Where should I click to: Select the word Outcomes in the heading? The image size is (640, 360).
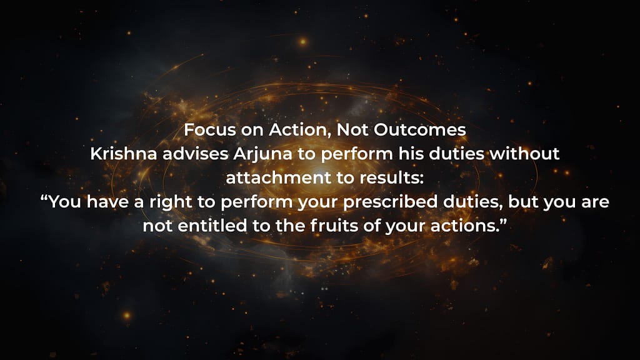tap(419, 130)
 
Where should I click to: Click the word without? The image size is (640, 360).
tap(524, 154)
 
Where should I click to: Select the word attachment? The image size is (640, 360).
tap(279, 178)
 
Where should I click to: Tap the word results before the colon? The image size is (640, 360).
tap(391, 178)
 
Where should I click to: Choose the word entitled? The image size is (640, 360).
tap(212, 226)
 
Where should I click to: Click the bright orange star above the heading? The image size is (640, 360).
tap(303, 42)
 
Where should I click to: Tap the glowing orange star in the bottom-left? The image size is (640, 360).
tap(127, 316)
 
